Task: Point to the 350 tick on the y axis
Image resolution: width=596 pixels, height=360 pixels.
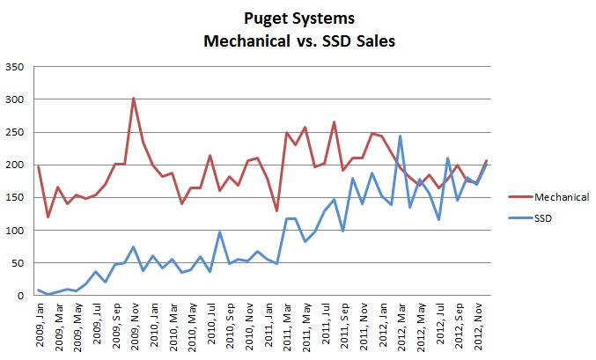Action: tap(16, 67)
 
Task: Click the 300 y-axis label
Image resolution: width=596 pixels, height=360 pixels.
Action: tap(16, 99)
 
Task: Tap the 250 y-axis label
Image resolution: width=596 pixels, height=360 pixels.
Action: tap(16, 132)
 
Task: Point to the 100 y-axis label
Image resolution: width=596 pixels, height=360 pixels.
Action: tap(16, 231)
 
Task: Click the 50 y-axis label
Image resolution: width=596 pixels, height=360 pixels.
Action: tap(18, 263)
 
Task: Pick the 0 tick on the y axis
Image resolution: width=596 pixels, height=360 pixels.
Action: tap(21, 296)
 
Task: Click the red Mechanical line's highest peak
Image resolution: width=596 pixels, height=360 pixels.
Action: tap(133, 99)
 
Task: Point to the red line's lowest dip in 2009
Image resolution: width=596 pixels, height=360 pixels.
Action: tap(48, 217)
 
